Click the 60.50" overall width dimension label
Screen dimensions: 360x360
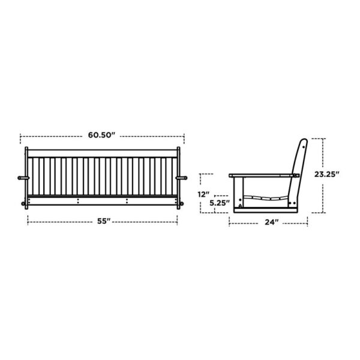(x=101, y=135)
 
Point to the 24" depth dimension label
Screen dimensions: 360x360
(x=271, y=222)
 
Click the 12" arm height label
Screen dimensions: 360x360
(x=205, y=194)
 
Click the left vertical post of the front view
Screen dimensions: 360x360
(x=26, y=177)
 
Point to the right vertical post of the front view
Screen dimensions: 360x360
(x=179, y=177)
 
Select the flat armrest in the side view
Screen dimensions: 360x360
(x=264, y=175)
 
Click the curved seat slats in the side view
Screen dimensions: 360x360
(x=264, y=197)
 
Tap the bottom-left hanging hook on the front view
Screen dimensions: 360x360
(x=24, y=204)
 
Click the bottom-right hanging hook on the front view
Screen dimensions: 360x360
(x=181, y=204)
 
